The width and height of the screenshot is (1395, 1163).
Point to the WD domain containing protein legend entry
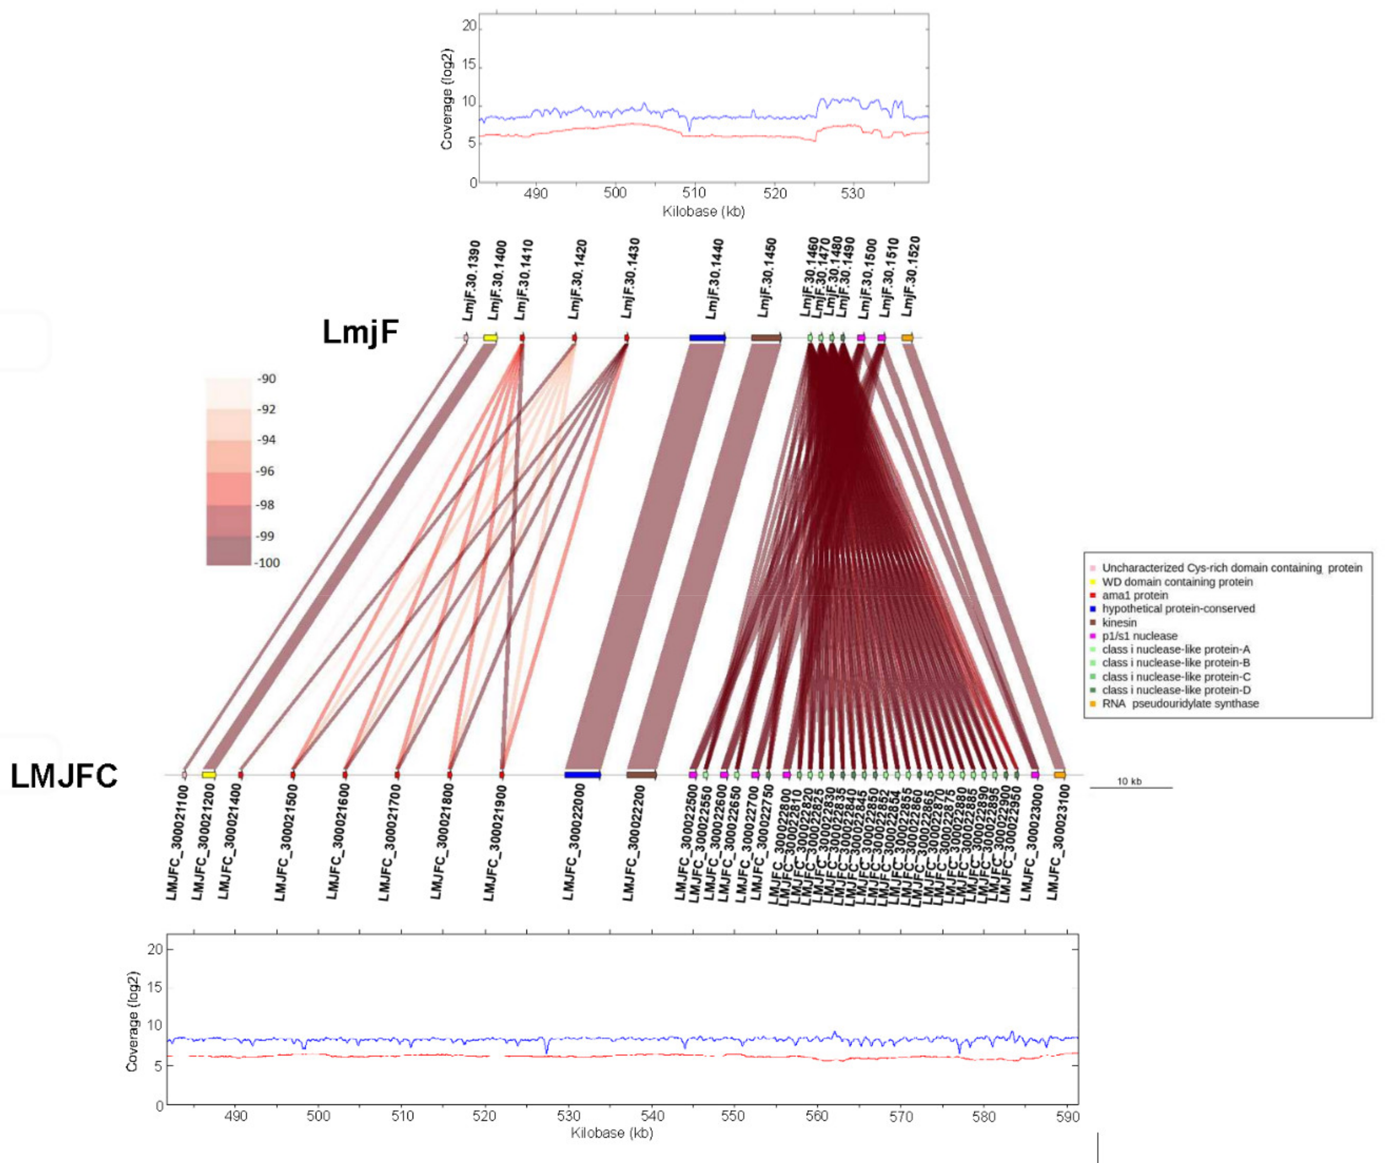click(1177, 582)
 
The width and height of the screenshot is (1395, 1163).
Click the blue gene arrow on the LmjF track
click(707, 338)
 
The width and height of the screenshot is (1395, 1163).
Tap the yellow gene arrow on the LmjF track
click(490, 338)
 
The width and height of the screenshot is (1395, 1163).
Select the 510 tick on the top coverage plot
click(694, 193)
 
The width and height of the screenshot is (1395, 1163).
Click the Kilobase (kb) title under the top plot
click(703, 211)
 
